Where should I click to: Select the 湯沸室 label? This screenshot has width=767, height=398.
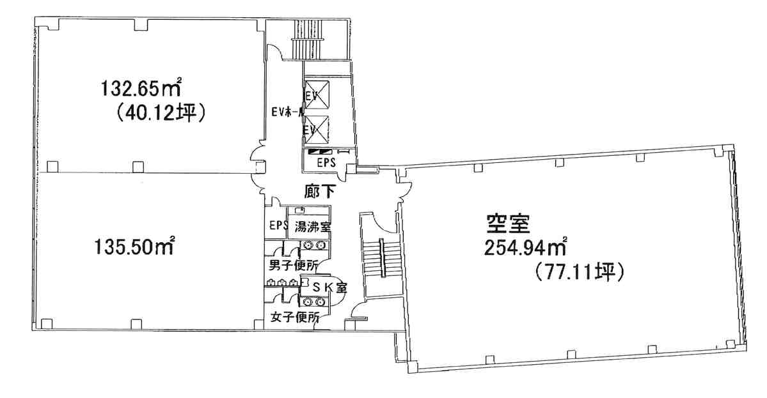[x=312, y=226]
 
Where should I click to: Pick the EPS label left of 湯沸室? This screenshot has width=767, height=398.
[x=278, y=226]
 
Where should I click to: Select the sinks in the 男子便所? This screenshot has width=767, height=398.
[x=313, y=244]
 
